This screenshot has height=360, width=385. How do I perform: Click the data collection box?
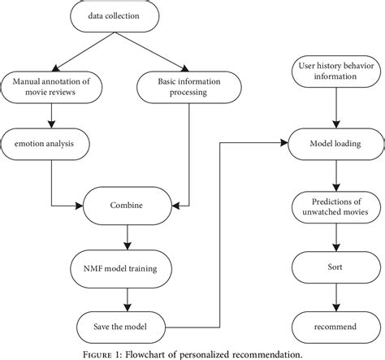tap(124, 15)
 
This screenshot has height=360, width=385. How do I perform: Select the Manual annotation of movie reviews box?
tap(51, 85)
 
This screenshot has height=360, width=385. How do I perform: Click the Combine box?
tap(124, 206)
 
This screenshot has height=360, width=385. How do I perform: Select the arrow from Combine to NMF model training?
tap(124, 236)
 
